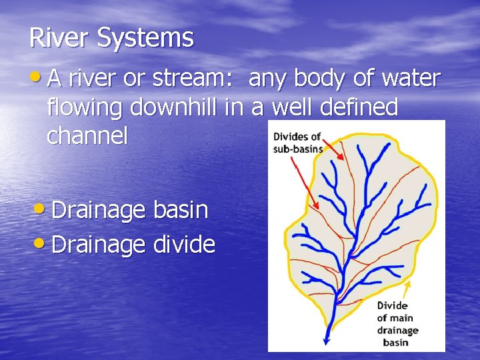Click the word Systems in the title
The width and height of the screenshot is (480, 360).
coord(145,39)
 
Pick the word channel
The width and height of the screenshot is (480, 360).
coord(87,135)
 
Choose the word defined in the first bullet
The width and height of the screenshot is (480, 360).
coord(361,107)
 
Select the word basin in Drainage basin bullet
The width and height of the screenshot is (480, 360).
coord(181,210)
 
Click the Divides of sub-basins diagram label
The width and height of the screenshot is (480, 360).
coord(297,142)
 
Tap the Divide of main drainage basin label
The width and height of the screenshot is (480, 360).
coord(397,324)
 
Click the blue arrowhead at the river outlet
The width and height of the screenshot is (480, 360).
coord(327,342)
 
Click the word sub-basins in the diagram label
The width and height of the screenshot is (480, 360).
coord(298,148)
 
